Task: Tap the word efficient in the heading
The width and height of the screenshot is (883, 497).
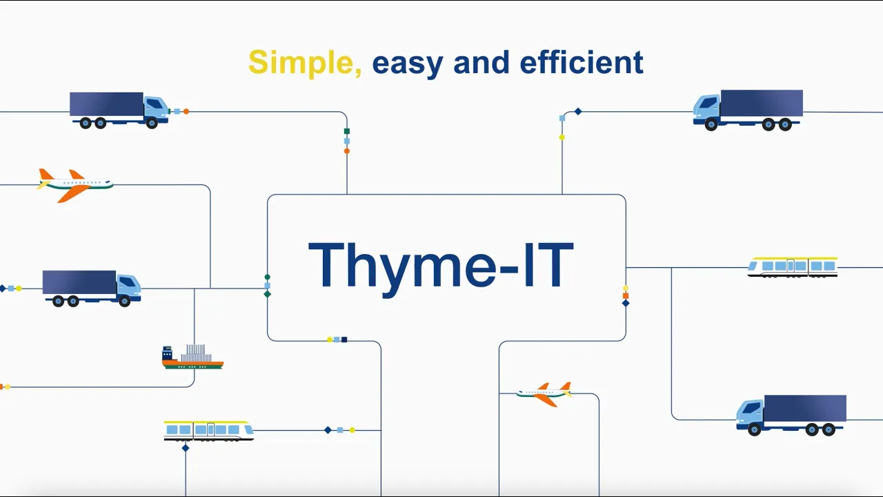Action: click(582, 61)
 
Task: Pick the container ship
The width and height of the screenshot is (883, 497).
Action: click(192, 357)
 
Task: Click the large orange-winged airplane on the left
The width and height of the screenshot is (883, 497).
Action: click(75, 185)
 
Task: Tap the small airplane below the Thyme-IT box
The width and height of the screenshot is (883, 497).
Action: click(544, 393)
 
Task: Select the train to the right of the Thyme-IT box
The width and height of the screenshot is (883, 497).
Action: click(793, 267)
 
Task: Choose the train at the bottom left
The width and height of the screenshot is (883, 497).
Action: click(208, 430)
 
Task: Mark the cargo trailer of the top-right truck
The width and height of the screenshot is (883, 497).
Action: click(762, 104)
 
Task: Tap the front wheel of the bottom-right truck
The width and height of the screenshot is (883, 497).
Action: click(755, 429)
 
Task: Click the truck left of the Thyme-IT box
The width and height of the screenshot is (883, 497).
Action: click(92, 289)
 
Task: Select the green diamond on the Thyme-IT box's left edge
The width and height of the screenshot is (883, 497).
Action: click(267, 294)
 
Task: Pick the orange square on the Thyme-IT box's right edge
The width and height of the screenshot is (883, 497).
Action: click(626, 296)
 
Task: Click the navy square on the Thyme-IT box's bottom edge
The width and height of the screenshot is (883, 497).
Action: click(344, 340)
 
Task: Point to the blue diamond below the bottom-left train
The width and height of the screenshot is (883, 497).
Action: click(186, 448)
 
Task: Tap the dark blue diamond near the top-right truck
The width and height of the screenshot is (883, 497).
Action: click(578, 112)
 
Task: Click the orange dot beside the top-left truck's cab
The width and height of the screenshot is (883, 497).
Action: click(186, 112)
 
